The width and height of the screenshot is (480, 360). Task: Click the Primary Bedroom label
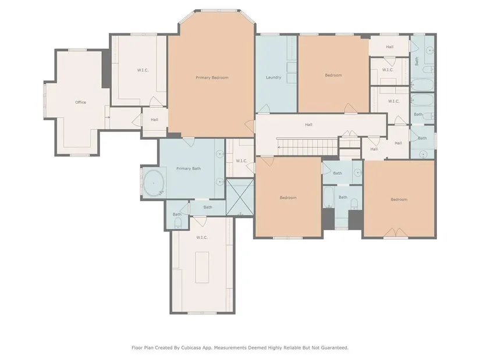(x=212, y=78)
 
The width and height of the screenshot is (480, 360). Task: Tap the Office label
(x=80, y=102)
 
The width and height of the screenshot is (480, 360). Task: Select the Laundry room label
(x=273, y=77)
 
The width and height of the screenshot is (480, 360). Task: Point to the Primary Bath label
(x=189, y=168)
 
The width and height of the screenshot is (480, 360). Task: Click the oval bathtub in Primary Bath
(x=154, y=183)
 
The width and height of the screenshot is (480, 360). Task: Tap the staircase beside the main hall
(x=308, y=147)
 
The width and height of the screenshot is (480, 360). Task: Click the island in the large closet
(x=202, y=268)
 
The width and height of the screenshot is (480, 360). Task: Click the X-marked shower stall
(x=240, y=197)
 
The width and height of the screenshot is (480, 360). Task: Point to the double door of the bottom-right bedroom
(x=396, y=233)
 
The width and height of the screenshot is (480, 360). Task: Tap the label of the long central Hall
(x=308, y=124)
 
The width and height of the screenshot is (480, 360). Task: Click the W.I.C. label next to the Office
(x=143, y=70)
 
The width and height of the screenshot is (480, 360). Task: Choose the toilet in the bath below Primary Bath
(x=178, y=224)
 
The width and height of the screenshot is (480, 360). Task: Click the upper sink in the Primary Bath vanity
(x=220, y=154)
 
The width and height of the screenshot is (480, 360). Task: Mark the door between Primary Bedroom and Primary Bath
(x=189, y=142)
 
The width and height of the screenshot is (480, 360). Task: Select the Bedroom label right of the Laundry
(x=333, y=75)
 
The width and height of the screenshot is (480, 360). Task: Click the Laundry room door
(x=264, y=109)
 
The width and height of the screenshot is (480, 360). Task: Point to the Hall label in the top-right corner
(x=390, y=47)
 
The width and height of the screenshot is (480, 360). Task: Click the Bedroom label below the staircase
(x=288, y=198)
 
